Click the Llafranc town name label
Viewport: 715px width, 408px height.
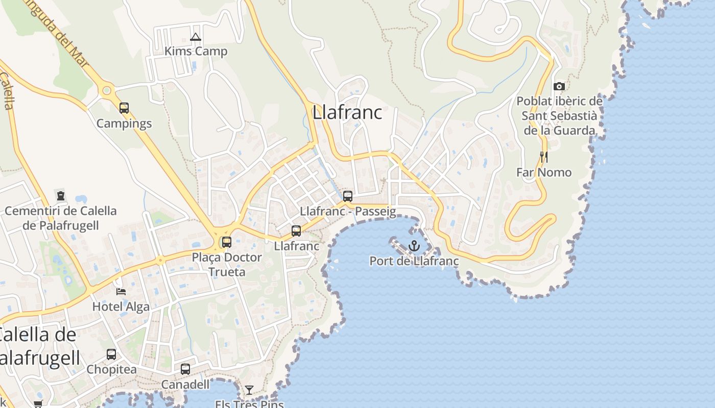point(347,112)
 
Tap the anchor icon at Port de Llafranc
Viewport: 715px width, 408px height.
point(414,246)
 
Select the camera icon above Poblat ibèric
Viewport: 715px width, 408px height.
point(559,86)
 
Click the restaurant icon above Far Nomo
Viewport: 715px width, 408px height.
point(544,157)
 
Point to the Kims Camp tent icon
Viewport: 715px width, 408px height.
point(195,37)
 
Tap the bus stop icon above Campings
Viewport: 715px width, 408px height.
point(124,108)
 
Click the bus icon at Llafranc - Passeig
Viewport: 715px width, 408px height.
point(348,196)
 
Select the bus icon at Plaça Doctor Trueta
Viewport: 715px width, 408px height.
point(227,242)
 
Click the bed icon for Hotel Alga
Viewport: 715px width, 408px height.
point(121,292)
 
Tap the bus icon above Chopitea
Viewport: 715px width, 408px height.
point(111,354)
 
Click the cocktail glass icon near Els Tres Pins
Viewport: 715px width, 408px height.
point(249,390)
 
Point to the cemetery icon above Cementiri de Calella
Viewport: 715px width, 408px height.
point(61,196)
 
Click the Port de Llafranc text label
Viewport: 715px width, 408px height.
point(414,261)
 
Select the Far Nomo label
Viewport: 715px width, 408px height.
point(544,172)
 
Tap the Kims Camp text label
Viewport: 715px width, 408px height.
point(196,52)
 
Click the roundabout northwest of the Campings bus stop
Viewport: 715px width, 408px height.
point(107,91)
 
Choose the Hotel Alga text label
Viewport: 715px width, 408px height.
point(121,307)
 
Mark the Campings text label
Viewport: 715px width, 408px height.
point(124,123)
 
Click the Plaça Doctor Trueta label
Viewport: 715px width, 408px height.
point(227,264)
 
